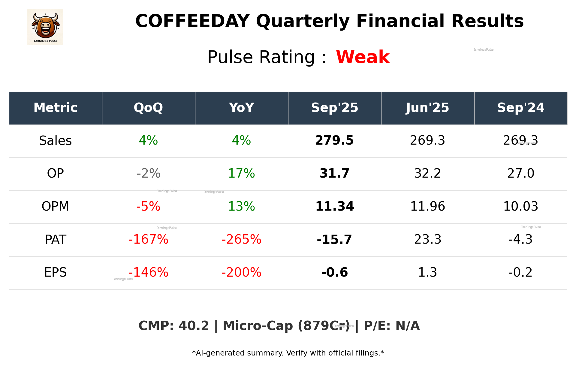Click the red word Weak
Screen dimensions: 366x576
(x=363, y=57)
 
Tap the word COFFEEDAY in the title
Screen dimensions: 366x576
(x=192, y=21)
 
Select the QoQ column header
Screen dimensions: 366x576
(x=148, y=108)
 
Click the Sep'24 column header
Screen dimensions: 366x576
(x=520, y=108)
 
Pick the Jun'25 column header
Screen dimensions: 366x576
(x=427, y=108)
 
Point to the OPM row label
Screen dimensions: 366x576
(x=55, y=206)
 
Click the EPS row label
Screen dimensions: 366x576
(x=55, y=272)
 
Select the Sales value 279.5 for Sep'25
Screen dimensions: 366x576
(x=334, y=140)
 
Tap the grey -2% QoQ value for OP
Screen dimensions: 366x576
(x=148, y=173)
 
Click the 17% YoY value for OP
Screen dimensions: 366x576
(x=241, y=173)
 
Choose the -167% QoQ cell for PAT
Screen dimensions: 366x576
(x=148, y=239)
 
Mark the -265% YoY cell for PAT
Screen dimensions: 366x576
(x=241, y=239)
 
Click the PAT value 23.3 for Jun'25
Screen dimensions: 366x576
(x=427, y=239)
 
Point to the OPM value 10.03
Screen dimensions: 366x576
(x=520, y=206)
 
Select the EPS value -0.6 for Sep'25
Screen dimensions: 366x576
(x=334, y=272)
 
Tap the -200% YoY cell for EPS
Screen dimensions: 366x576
(x=241, y=272)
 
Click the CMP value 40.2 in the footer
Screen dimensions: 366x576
(x=194, y=326)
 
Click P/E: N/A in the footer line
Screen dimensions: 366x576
(x=392, y=326)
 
